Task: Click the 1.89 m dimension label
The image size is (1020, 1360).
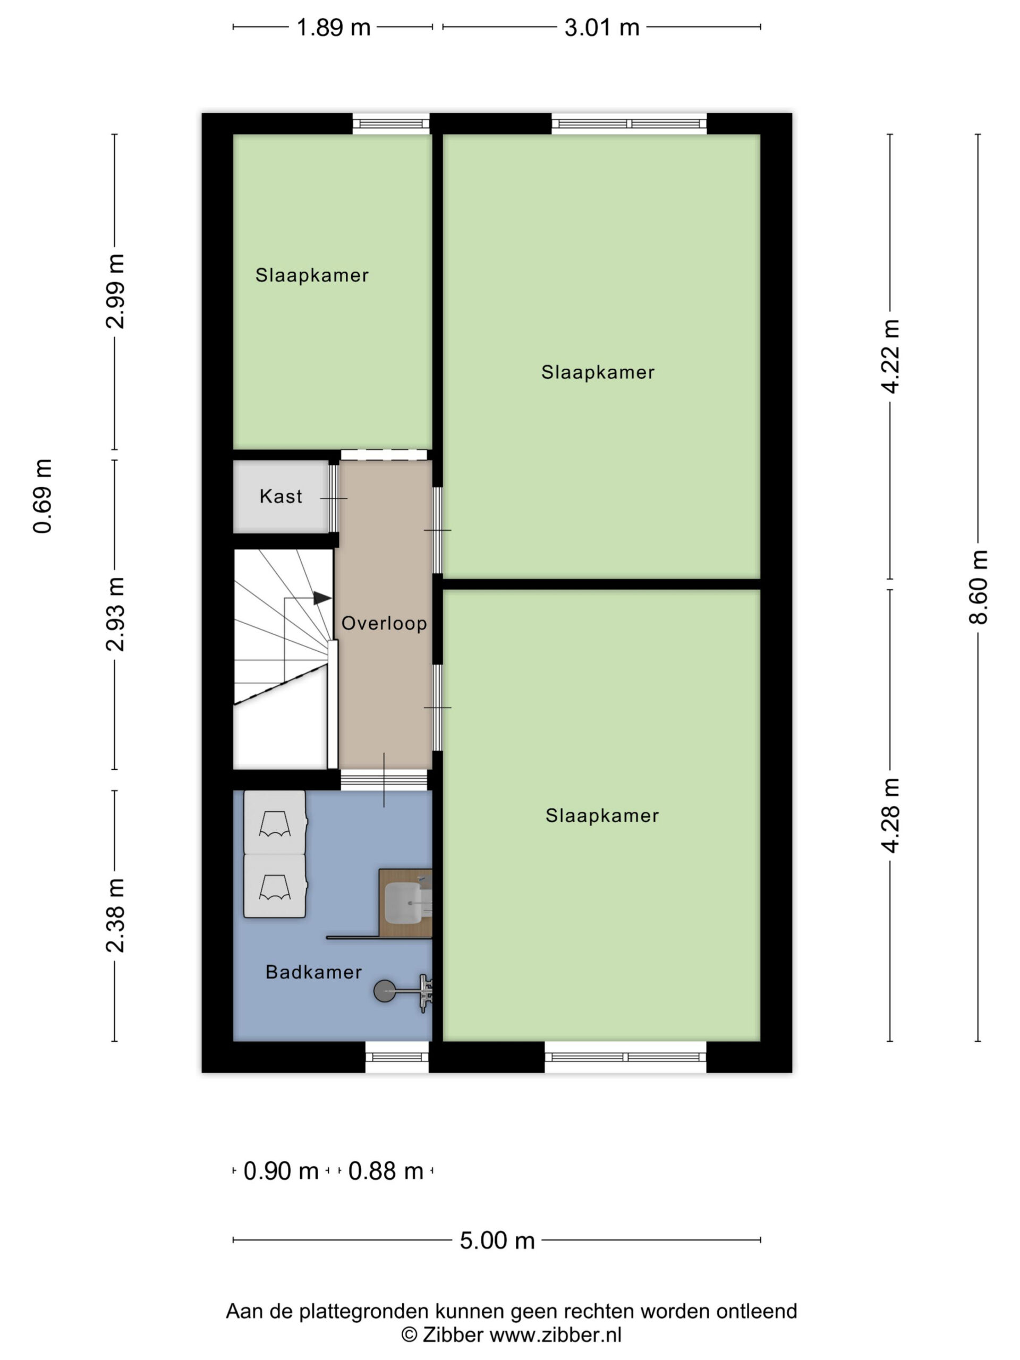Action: pyautogui.click(x=333, y=28)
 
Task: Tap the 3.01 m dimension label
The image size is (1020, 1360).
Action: pyautogui.click(x=602, y=28)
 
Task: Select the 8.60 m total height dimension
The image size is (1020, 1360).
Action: pyautogui.click(x=977, y=587)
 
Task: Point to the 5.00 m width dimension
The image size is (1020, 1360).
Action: pyautogui.click(x=497, y=1240)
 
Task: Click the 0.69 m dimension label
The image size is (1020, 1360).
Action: pyautogui.click(x=43, y=496)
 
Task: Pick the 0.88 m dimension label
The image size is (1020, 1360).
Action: pyautogui.click(x=386, y=1171)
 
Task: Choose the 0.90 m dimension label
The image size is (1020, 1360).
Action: pyautogui.click(x=281, y=1171)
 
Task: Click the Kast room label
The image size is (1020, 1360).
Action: pyautogui.click(x=281, y=496)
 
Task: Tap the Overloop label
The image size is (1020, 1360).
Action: pyautogui.click(x=384, y=624)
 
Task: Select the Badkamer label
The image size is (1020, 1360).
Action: pyautogui.click(x=313, y=972)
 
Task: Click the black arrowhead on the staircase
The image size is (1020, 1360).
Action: pyautogui.click(x=322, y=598)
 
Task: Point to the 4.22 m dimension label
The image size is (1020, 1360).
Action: pyautogui.click(x=890, y=356)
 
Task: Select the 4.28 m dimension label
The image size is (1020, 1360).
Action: pyautogui.click(x=890, y=815)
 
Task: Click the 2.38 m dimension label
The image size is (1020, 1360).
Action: pyautogui.click(x=115, y=915)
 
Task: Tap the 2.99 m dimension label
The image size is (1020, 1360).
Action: pyautogui.click(x=115, y=292)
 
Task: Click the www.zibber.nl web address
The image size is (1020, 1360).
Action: pyautogui.click(x=555, y=1335)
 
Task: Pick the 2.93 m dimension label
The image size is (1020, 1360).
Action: pyautogui.click(x=115, y=614)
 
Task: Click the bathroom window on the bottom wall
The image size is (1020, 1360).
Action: pyautogui.click(x=397, y=1057)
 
